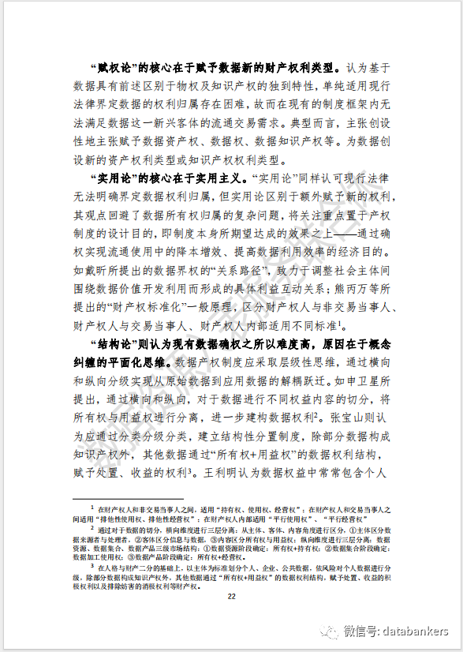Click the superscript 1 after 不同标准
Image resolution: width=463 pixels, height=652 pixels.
(x=339, y=321)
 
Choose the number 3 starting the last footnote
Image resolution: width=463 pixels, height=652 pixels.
(x=92, y=564)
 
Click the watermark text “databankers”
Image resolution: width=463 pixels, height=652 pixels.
(x=413, y=631)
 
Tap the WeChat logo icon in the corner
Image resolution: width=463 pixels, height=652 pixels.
(x=327, y=631)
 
